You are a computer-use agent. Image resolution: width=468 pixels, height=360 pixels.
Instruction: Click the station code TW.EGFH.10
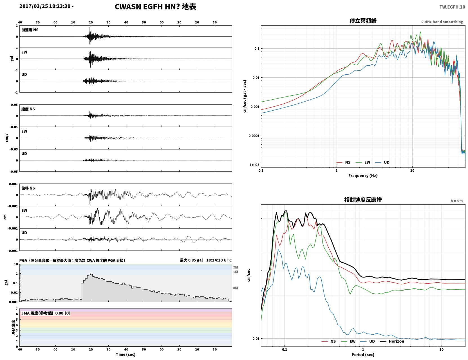[x=452, y=7]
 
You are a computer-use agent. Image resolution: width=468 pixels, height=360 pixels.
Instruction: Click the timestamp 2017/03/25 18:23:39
[x=45, y=6]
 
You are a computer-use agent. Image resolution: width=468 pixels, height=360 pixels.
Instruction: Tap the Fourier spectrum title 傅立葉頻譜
[x=363, y=21]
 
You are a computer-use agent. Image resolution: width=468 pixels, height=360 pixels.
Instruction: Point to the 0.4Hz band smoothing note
[x=442, y=22]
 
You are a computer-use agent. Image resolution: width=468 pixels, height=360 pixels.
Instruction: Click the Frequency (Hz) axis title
[x=363, y=176]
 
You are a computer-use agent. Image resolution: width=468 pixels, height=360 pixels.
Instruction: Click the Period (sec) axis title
[x=363, y=355]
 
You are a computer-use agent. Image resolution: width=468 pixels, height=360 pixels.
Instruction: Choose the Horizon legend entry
[x=396, y=341]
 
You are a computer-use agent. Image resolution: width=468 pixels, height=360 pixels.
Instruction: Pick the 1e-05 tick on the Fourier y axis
[x=254, y=165]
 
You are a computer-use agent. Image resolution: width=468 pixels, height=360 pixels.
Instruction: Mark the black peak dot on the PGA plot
[x=90, y=274]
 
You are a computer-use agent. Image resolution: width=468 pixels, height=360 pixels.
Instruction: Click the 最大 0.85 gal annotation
[x=191, y=260]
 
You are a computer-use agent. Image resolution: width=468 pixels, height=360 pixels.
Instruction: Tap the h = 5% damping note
[x=456, y=201]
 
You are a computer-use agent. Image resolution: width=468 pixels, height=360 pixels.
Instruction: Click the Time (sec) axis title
[x=126, y=354]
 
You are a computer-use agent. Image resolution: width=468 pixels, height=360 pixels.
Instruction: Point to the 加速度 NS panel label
[x=30, y=30]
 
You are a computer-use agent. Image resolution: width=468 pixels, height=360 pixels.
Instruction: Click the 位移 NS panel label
[x=28, y=188]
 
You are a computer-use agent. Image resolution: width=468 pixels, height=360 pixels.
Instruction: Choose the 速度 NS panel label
[x=28, y=109]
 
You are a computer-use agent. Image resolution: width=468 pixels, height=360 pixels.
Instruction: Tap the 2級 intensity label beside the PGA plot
[x=236, y=267]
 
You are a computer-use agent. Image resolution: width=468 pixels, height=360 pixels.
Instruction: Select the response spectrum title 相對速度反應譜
[x=363, y=200]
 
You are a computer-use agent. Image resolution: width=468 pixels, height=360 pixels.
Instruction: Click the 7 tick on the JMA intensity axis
[x=17, y=309]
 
